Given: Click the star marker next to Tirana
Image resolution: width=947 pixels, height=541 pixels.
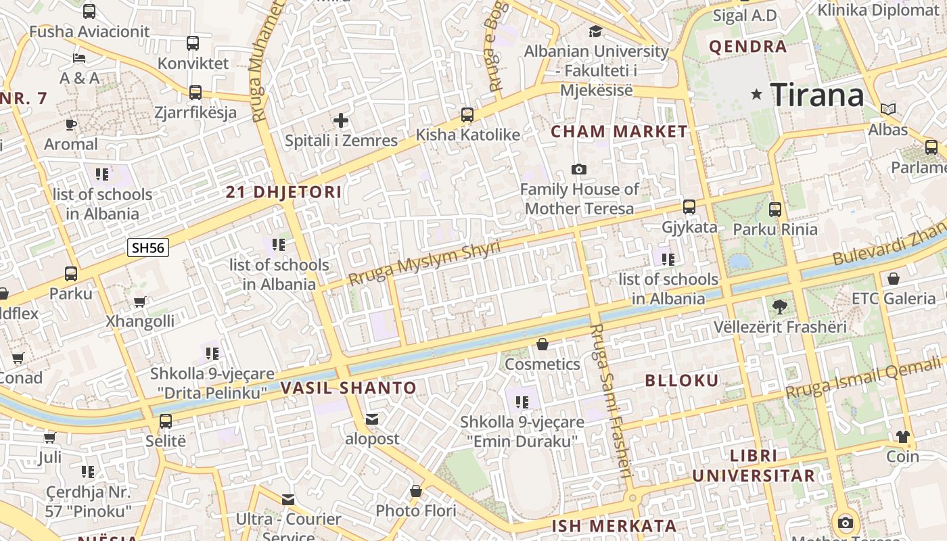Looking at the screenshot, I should tap(756, 95).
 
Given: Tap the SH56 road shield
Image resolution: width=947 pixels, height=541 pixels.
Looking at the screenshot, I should tap(148, 248).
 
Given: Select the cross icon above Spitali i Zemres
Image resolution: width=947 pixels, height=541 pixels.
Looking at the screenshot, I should tap(341, 121).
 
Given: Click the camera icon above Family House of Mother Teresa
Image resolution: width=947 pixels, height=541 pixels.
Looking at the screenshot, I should tap(579, 169).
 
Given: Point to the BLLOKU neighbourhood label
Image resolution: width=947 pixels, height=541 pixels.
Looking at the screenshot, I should tap(682, 380).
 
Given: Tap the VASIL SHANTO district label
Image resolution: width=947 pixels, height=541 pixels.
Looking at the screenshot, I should tap(348, 388).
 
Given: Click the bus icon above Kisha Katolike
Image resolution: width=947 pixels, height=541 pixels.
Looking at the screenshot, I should tap(467, 114).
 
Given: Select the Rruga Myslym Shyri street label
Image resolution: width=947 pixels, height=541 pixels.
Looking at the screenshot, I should tap(424, 262).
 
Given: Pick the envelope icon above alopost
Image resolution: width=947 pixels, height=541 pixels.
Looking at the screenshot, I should tap(372, 419).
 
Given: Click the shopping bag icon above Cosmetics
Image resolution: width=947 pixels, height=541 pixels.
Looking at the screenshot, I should tap(542, 345).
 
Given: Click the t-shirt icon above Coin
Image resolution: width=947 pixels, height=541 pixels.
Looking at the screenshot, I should tap(903, 437).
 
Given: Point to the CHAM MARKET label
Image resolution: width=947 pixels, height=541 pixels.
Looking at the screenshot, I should tap(619, 132).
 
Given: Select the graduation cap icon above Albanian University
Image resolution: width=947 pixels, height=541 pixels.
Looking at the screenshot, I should tap(595, 31).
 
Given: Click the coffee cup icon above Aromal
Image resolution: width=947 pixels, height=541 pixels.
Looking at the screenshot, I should tap(71, 124).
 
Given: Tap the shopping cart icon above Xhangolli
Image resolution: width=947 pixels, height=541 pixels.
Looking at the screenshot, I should tap(139, 302).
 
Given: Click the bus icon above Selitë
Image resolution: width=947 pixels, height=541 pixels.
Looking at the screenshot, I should tap(166, 421).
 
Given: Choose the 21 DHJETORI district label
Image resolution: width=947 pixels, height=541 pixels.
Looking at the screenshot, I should tap(283, 192).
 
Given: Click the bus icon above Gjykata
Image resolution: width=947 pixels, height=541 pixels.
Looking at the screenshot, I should tap(689, 207).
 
